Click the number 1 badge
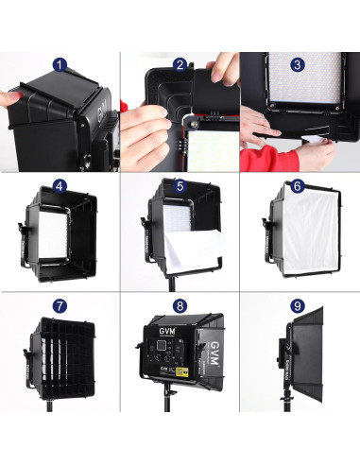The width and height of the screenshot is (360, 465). (x=61, y=65)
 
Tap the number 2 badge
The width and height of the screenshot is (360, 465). (x=180, y=65)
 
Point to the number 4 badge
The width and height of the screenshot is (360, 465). (x=61, y=186)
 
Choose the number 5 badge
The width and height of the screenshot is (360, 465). (x=180, y=186)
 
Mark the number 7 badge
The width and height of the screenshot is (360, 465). (x=61, y=308)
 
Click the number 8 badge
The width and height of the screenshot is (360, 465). (x=180, y=308)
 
